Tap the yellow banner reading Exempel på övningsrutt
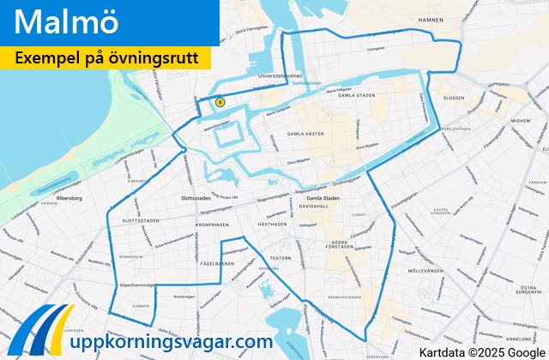[112, 58]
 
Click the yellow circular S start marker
[220, 102]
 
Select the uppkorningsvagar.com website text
[171, 341]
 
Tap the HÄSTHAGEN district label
[271, 222]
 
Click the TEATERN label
[281, 256]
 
